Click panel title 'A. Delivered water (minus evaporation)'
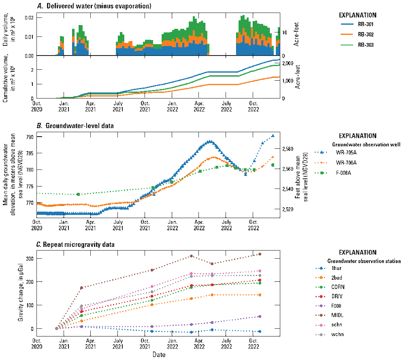click(x=94, y=6)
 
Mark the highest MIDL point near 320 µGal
click(x=260, y=254)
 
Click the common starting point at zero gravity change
click(x=57, y=328)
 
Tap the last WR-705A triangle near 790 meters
click(x=273, y=136)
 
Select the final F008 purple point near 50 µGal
click(x=260, y=316)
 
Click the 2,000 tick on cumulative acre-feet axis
click(x=288, y=64)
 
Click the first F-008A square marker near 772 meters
click(x=78, y=194)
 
